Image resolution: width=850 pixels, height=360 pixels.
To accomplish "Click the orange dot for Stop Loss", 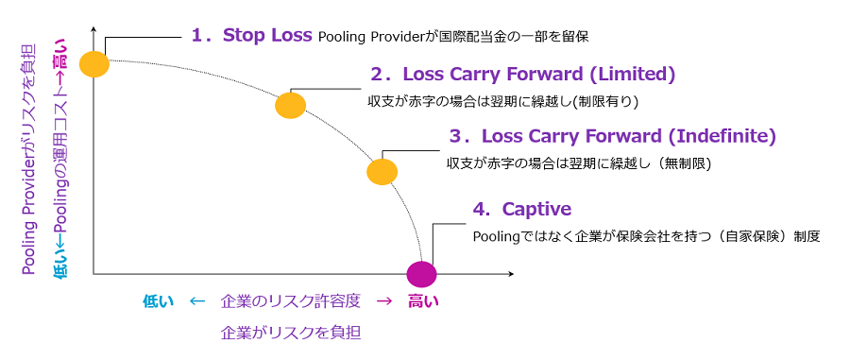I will (94, 64).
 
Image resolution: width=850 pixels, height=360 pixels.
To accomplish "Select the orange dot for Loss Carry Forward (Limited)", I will (291, 105).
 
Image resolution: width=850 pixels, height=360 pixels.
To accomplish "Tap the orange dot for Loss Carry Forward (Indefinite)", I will (382, 172).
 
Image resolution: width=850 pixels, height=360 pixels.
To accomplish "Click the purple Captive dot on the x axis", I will (421, 274).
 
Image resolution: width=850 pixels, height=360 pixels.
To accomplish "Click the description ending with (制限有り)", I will (504, 101).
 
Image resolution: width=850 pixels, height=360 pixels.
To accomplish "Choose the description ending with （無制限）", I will (578, 163).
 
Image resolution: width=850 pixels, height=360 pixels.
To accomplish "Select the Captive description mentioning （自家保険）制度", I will (646, 236).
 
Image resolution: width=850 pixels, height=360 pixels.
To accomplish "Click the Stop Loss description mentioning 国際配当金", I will (460, 38).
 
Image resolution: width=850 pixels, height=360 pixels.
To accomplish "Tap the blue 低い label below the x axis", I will (158, 302).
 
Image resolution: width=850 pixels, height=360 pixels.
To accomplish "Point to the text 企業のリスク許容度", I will (291, 302).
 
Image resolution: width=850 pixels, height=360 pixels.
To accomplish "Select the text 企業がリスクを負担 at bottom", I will (291, 333).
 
